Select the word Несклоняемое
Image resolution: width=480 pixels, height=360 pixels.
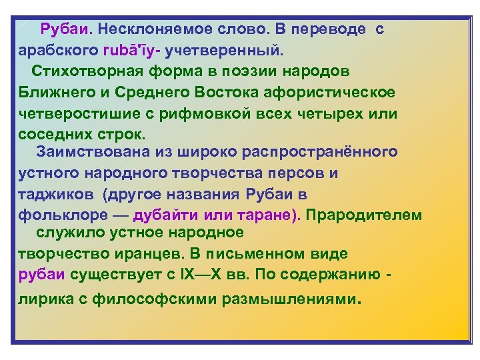tap(154, 30)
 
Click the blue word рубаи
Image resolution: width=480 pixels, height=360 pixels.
tap(41, 275)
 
